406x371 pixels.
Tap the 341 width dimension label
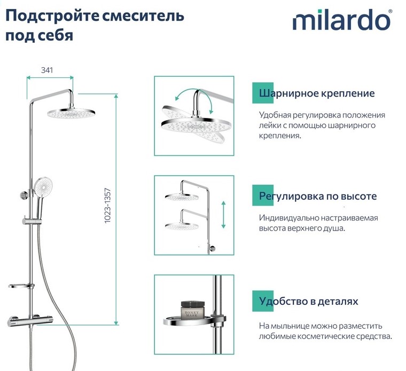pyautogui.click(x=47, y=70)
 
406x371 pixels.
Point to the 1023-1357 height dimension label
pyautogui.click(x=107, y=206)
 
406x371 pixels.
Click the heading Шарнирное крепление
pyautogui.click(x=317, y=93)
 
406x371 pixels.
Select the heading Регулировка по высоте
pyautogui.click(x=318, y=196)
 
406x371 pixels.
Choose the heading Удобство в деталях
pyautogui.click(x=309, y=302)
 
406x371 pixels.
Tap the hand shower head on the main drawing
pyautogui.click(x=43, y=187)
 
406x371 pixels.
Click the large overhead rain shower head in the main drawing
pyautogui.click(x=71, y=113)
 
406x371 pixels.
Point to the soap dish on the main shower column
pyautogui.click(x=21, y=286)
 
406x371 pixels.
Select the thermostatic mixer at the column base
pyautogui.click(x=30, y=320)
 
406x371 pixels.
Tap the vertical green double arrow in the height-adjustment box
pyautogui.click(x=223, y=215)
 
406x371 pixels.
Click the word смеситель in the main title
pyautogui.click(x=143, y=15)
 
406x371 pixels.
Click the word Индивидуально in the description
pyautogui.click(x=288, y=218)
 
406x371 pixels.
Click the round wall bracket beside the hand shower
pyautogui.click(x=25, y=195)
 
